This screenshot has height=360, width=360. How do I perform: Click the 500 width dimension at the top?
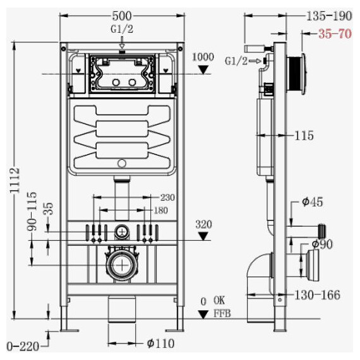122,16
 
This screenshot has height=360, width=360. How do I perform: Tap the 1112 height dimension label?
16,180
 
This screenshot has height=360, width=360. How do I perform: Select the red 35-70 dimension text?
335,33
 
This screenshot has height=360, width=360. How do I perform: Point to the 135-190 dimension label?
329,16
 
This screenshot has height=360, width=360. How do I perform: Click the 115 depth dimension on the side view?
304,135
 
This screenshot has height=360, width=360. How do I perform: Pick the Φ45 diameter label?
313,202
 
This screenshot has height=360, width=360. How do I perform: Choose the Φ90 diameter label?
322,244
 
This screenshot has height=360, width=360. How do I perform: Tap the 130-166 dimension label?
317,295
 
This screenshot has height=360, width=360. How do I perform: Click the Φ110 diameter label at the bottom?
160,344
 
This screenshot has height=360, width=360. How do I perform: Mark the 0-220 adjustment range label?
23,347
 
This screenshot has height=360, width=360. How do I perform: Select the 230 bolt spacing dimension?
167,198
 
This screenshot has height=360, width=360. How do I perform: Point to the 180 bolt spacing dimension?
160,210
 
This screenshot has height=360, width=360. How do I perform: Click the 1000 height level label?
203,57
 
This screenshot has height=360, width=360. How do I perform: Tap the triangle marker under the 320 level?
203,236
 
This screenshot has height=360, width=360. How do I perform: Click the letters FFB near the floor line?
222,313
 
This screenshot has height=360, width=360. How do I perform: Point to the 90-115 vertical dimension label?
32,211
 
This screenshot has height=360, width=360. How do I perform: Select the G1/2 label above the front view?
122,30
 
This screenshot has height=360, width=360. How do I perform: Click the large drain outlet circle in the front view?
122,265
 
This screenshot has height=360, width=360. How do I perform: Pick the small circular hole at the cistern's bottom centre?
122,164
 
